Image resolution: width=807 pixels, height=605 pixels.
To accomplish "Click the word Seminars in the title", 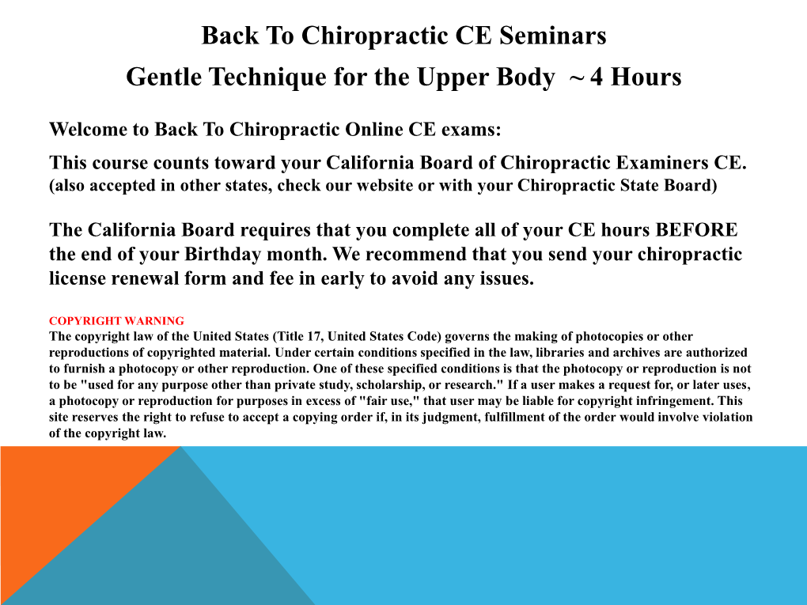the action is (553, 36).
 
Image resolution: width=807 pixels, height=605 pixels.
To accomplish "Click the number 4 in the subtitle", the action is (597, 78).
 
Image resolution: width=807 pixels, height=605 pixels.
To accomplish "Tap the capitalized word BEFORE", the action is (695, 229).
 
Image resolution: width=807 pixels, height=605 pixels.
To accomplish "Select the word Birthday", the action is (223, 254).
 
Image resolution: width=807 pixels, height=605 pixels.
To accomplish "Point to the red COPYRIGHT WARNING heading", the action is (116, 321).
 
